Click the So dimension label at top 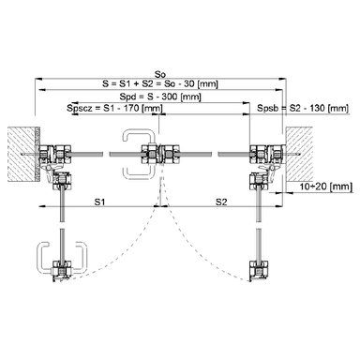[x=160, y=74]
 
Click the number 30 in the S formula [x=189, y=83]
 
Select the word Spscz [x=80, y=109]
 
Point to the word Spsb [x=267, y=109]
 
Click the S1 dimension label [x=99, y=202]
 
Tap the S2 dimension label [x=221, y=202]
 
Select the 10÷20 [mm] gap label [x=325, y=187]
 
